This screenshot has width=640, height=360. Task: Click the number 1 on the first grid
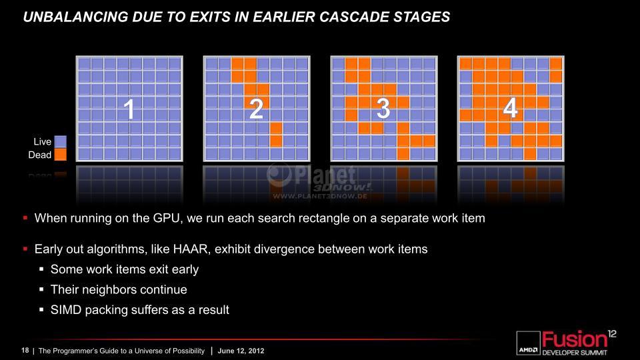point(129,109)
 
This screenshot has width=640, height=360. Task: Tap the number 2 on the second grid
point(256,109)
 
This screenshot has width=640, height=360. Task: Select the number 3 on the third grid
point(383,109)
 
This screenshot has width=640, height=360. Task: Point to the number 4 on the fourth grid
point(510,109)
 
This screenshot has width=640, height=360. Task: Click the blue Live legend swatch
point(60,141)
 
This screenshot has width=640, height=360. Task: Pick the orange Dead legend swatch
point(60,155)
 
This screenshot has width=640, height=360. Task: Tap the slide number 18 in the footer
point(25,351)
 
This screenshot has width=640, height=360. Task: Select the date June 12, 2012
point(241,351)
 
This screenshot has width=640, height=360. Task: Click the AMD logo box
point(528,343)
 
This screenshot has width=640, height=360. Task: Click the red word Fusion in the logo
point(574,339)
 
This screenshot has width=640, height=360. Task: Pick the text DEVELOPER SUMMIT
point(575,353)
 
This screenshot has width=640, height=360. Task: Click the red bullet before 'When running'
point(25,218)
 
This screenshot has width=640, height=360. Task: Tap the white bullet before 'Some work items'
point(41,269)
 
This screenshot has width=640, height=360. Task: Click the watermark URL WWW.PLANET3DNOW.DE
point(319,196)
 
